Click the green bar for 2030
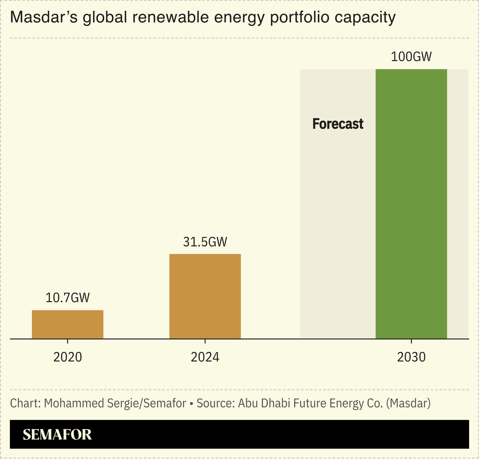(x=411, y=204)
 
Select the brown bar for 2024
(x=205, y=296)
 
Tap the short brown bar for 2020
(x=68, y=325)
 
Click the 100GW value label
(x=411, y=57)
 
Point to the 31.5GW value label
(x=205, y=242)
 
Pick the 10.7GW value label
(x=68, y=298)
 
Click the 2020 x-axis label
(x=68, y=357)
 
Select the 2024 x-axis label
(x=205, y=357)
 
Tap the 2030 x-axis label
(x=411, y=357)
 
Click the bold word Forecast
(x=338, y=124)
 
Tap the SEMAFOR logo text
(x=57, y=434)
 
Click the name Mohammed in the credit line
(x=68, y=403)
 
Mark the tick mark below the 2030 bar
(x=411, y=342)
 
